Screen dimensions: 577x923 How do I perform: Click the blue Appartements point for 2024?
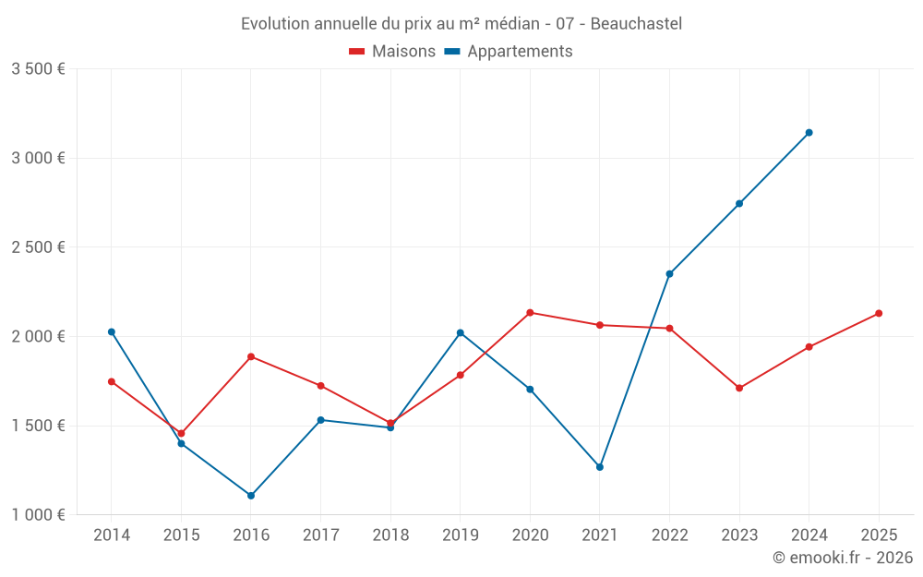[809, 133]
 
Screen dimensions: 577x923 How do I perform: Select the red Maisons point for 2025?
[879, 314]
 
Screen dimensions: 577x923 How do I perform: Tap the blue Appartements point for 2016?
[251, 496]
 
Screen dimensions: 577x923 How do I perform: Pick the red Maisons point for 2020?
[530, 313]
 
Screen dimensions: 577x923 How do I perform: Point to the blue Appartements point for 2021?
[600, 467]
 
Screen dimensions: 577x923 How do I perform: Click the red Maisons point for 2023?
[739, 389]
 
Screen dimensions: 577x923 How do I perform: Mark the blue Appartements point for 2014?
[112, 332]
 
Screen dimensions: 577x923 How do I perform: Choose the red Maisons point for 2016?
[251, 357]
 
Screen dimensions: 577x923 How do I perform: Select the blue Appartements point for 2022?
[670, 274]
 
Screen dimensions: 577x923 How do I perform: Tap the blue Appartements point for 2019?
[461, 333]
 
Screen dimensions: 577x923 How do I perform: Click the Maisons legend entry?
[392, 52]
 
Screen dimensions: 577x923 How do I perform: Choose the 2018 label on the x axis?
[390, 535]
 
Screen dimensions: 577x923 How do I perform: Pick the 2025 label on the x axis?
[879, 535]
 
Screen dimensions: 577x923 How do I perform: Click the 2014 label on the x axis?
[112, 535]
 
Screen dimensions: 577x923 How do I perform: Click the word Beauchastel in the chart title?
[636, 24]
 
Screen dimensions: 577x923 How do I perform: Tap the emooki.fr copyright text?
[843, 558]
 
